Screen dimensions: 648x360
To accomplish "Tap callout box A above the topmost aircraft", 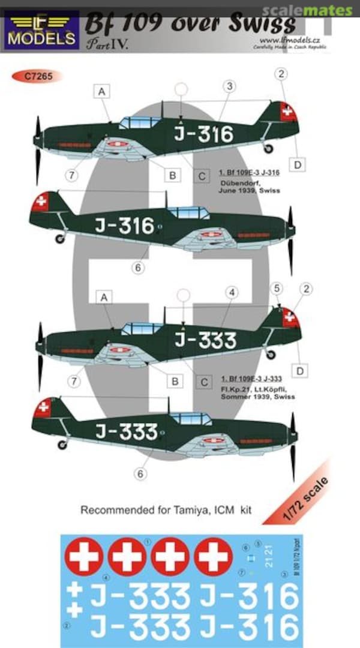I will pos(102,91).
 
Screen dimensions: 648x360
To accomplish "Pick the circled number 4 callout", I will pos(233,292).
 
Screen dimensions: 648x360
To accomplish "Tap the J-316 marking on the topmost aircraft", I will pos(203,134).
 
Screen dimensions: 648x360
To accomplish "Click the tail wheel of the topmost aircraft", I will pos(269,148).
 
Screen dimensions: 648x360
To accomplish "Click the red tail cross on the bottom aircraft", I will pos(43,408).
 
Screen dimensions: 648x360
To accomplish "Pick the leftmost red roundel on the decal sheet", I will pos(84,556).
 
